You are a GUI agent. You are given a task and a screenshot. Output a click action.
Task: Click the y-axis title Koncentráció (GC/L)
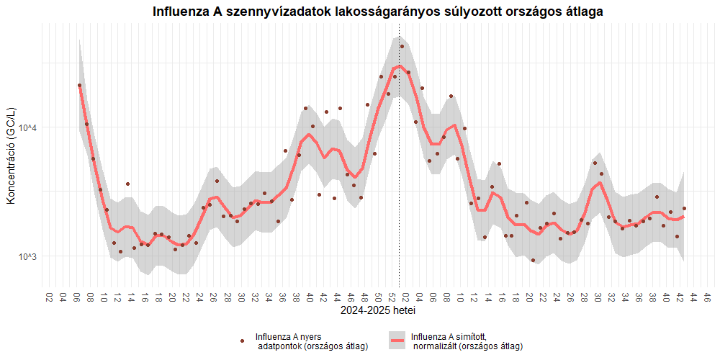(11, 156)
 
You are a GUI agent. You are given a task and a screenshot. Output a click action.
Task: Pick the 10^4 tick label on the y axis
(27, 128)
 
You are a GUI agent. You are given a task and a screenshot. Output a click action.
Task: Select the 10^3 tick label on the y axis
(27, 257)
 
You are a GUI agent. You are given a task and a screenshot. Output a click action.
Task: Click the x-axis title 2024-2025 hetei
(378, 312)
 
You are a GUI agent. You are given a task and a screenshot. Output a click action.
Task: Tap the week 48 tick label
(365, 297)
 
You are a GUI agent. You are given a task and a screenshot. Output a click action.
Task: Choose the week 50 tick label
(379, 297)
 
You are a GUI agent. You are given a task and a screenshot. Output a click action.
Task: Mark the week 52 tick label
(392, 297)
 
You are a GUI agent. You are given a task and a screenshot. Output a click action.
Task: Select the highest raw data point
(402, 47)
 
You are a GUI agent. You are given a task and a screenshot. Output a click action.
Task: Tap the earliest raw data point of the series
(80, 86)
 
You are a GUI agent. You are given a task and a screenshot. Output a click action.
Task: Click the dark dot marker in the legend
(243, 341)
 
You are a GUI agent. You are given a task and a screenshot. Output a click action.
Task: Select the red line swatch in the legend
(397, 341)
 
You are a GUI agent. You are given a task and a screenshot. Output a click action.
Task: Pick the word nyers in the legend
(310, 336)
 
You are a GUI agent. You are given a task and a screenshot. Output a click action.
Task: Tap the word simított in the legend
(469, 336)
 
